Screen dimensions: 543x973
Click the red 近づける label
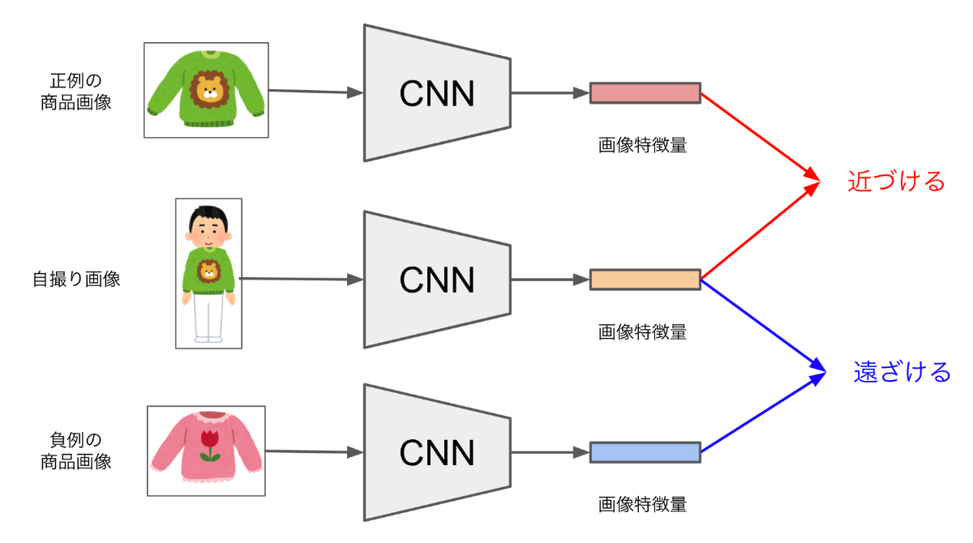click(896, 182)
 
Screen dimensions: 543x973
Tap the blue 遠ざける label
click(902, 373)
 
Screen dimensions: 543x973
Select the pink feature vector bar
click(645, 93)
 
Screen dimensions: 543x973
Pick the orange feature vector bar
click(645, 280)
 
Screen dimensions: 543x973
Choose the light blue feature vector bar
click(645, 452)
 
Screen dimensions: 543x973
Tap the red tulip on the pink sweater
click(210, 443)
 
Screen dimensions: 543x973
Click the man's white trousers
click(208, 318)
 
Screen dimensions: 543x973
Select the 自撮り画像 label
click(76, 280)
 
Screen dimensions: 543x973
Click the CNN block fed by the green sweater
click(437, 93)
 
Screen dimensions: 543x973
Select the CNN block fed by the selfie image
click(437, 280)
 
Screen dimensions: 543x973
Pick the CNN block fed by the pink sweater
click(437, 452)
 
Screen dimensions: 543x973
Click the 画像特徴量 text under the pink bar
click(642, 146)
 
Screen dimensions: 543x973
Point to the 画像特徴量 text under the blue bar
click(642, 504)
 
